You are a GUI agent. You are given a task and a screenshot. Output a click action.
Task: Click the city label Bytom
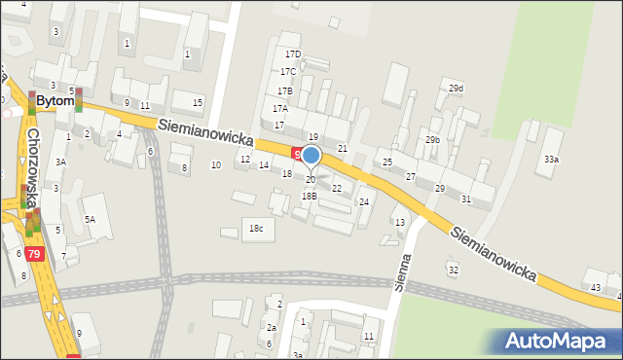click(x=55, y=101)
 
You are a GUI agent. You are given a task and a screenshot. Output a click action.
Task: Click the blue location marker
click(x=311, y=155)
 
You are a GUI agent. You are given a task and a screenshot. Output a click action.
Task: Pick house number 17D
click(x=293, y=54)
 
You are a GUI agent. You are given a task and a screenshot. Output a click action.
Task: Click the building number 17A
click(x=280, y=109)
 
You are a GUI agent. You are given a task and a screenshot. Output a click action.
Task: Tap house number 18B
click(x=309, y=196)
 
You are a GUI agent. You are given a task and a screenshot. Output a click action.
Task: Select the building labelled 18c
click(x=256, y=228)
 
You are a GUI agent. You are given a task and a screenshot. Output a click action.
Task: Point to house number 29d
click(x=456, y=89)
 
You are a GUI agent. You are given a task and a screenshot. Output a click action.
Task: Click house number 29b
click(x=432, y=140)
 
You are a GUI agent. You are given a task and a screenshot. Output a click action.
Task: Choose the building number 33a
click(x=552, y=159)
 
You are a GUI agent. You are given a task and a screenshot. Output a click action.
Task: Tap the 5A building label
click(x=90, y=220)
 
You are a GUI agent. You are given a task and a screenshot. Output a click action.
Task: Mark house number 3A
click(x=60, y=162)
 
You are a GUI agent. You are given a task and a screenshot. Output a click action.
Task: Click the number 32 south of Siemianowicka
click(x=453, y=269)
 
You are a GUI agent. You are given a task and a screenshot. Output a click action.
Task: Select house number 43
click(x=596, y=287)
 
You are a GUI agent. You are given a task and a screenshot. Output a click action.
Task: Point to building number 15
click(x=198, y=102)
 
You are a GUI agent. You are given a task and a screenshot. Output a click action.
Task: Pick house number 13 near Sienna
click(x=399, y=223)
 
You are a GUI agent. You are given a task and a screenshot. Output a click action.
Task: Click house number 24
click(x=364, y=202)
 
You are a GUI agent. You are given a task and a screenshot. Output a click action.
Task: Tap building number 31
click(x=466, y=198)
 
